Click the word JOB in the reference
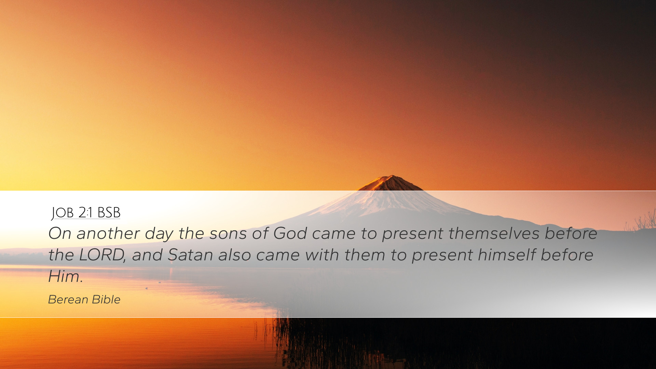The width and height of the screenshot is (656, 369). tap(63, 213)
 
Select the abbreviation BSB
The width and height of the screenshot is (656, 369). tap(109, 213)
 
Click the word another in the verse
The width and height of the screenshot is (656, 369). tap(108, 234)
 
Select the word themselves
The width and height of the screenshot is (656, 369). tap(494, 233)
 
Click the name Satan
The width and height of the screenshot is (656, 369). tap(190, 255)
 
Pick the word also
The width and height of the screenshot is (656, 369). tap(235, 255)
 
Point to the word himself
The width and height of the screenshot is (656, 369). tap(506, 255)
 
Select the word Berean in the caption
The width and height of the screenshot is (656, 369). tap(68, 300)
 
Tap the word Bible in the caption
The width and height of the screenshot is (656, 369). tap(106, 300)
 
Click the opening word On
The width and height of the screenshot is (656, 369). tap(59, 234)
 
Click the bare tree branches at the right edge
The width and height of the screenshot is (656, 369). tap(640, 220)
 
